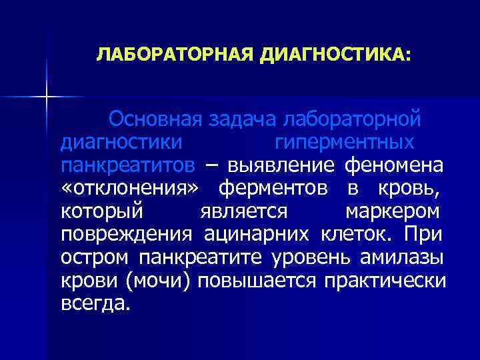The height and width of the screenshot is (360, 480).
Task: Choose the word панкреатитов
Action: (128, 165)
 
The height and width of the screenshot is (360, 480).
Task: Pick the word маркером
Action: (393, 211)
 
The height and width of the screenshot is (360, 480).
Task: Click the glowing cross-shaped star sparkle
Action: (47, 97)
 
